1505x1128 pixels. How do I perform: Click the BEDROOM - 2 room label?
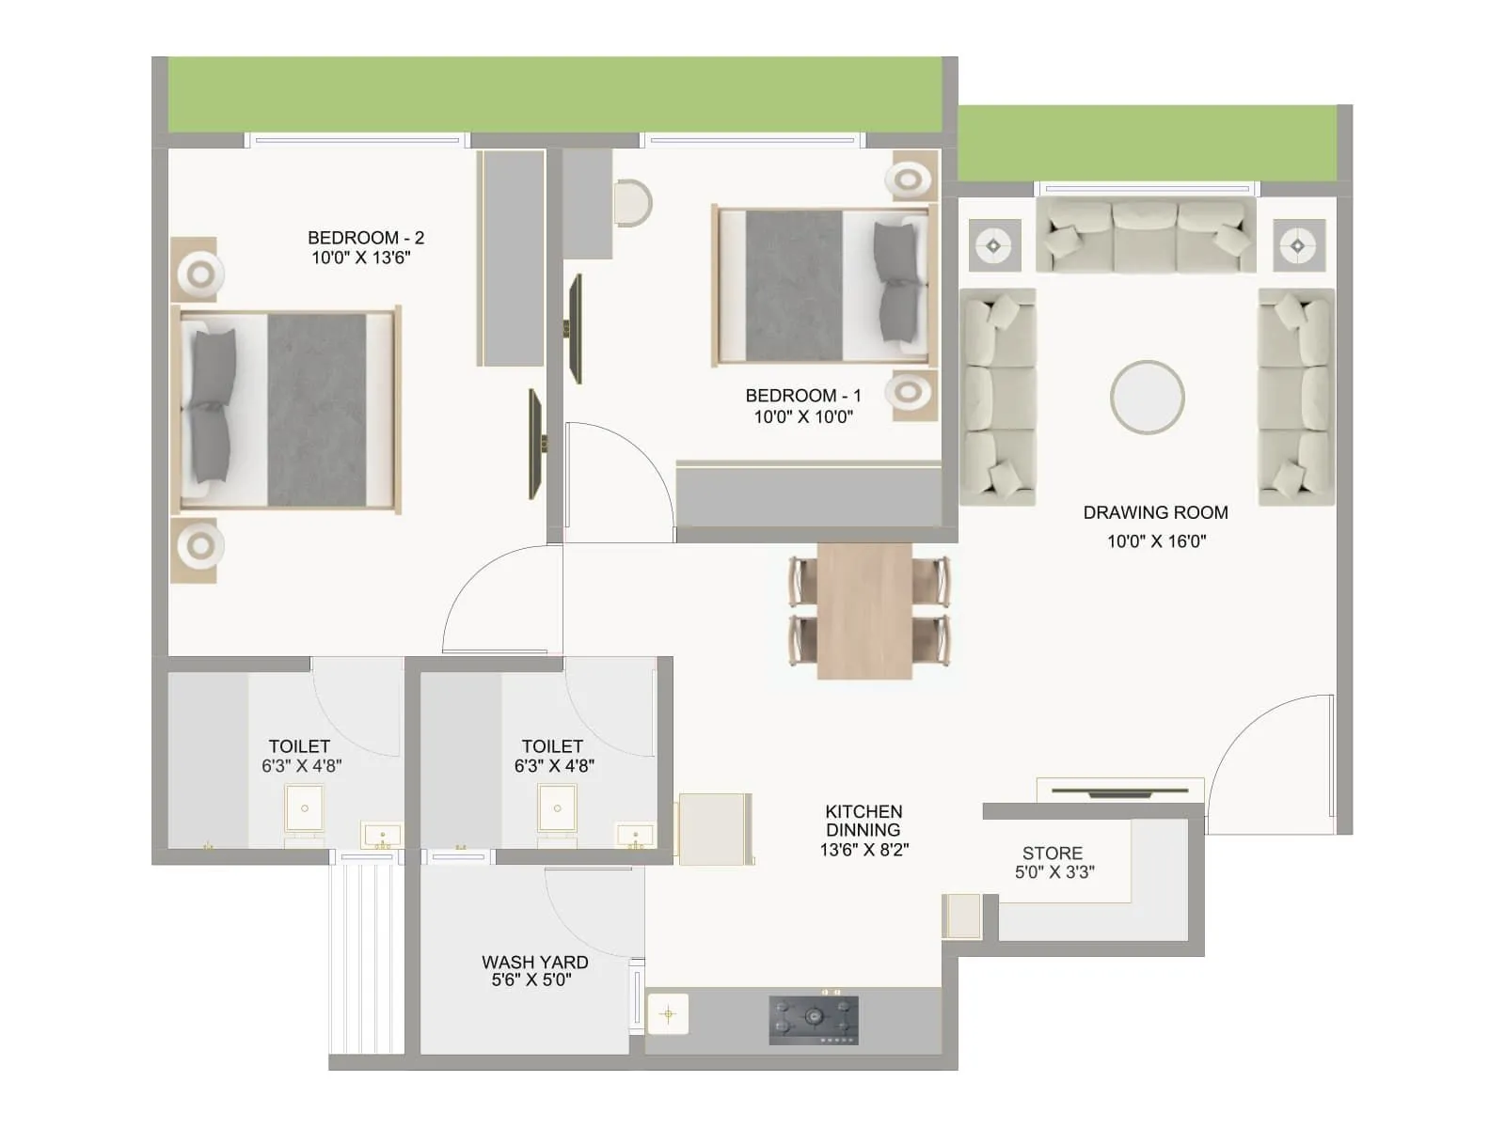[366, 238]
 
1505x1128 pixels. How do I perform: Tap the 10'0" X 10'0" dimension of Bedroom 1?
[803, 416]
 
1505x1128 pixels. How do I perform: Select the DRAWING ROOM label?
[1155, 512]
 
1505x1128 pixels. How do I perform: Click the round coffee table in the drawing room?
[1147, 397]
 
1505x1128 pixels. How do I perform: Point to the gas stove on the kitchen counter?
[814, 1020]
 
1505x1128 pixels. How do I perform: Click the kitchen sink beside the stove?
[669, 1014]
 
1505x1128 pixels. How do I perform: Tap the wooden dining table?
[863, 611]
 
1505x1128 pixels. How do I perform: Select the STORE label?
[1052, 854]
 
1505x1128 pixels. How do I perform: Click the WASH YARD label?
[534, 962]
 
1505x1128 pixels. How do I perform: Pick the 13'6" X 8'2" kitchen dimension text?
[863, 850]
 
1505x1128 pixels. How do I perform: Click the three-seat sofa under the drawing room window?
[1146, 235]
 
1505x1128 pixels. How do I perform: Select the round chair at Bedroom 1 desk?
[633, 203]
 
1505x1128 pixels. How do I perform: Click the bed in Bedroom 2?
[287, 410]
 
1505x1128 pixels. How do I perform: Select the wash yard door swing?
[593, 912]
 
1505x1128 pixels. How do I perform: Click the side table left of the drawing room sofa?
[994, 246]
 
